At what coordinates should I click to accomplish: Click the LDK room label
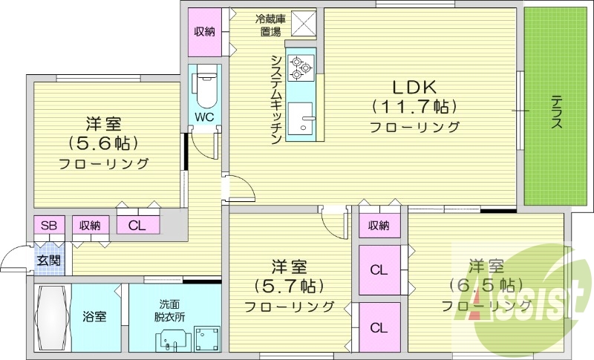(x=414, y=86)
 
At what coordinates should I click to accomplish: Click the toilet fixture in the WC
(x=205, y=88)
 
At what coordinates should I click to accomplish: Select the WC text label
(x=205, y=117)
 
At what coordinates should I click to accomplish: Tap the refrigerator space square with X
(x=303, y=24)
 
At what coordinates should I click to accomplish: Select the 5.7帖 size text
(x=289, y=285)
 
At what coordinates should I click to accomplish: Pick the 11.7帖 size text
(x=414, y=105)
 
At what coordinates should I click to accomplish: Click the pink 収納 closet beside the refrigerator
(x=205, y=31)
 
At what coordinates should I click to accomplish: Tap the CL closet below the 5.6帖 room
(x=137, y=226)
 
